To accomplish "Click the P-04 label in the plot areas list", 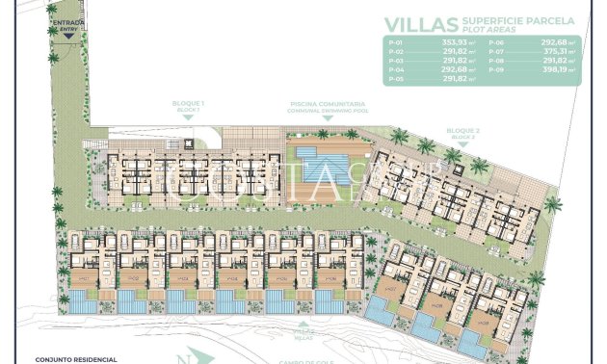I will pyautogui.click(x=394, y=70).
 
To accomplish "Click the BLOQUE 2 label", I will pyautogui.click(x=462, y=130).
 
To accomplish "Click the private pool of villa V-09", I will pyautogui.click(x=472, y=341).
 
